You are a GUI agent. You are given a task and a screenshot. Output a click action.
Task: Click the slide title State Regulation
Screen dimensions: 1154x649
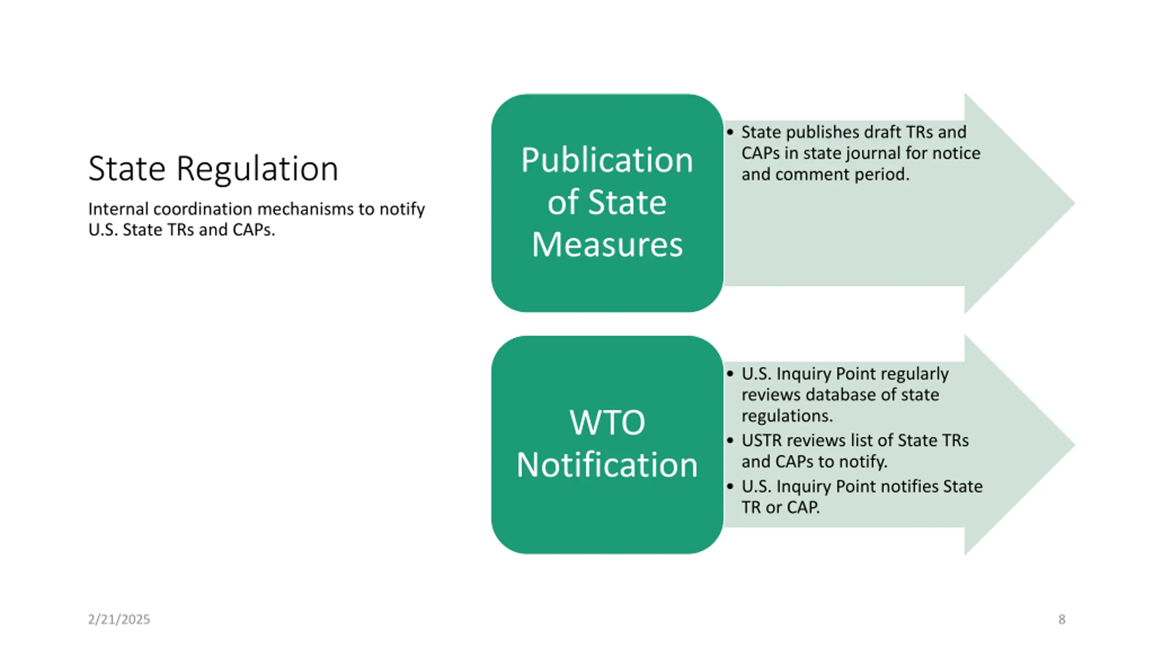tap(213, 169)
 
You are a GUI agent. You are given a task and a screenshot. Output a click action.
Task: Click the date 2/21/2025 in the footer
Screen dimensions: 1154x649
tap(119, 620)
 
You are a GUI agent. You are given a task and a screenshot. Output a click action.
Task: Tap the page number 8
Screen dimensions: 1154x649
tap(1062, 620)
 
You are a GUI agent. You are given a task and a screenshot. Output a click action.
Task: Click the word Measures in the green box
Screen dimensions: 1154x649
tap(607, 244)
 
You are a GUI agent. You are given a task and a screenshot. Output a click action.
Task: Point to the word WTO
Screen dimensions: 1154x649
tap(607, 422)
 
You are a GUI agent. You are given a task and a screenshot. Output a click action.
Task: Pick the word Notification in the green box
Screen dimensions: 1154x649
tap(607, 465)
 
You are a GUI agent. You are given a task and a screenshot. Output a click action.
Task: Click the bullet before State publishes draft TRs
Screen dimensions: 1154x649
tap(730, 133)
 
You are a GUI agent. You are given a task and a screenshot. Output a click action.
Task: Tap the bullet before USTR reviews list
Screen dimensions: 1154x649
tap(730, 441)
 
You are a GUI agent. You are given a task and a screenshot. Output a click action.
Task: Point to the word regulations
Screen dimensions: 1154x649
tap(786, 416)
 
